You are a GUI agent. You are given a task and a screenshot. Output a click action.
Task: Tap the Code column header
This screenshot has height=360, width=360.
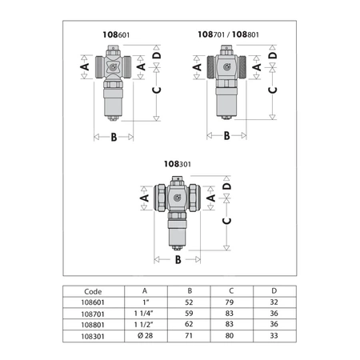pos(94,291)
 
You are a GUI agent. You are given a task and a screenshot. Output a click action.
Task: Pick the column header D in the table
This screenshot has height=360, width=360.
pos(274,291)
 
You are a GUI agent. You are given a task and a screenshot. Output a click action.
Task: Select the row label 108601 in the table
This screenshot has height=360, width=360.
pos(94,303)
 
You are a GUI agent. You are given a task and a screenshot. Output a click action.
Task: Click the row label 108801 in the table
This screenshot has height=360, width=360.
pos(94,326)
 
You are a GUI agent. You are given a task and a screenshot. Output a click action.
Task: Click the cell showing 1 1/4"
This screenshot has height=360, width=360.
pos(144,314)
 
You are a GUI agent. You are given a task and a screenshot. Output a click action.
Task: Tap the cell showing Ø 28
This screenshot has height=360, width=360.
pos(144,337)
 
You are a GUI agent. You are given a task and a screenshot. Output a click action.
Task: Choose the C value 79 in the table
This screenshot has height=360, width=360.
pos(230,303)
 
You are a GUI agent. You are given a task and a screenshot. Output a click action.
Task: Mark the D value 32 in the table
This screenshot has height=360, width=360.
pos(274,303)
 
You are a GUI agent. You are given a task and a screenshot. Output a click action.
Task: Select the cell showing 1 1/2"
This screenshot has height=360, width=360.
pos(144,326)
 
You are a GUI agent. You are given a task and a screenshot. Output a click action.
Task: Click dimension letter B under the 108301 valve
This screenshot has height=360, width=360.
pos(178,260)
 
